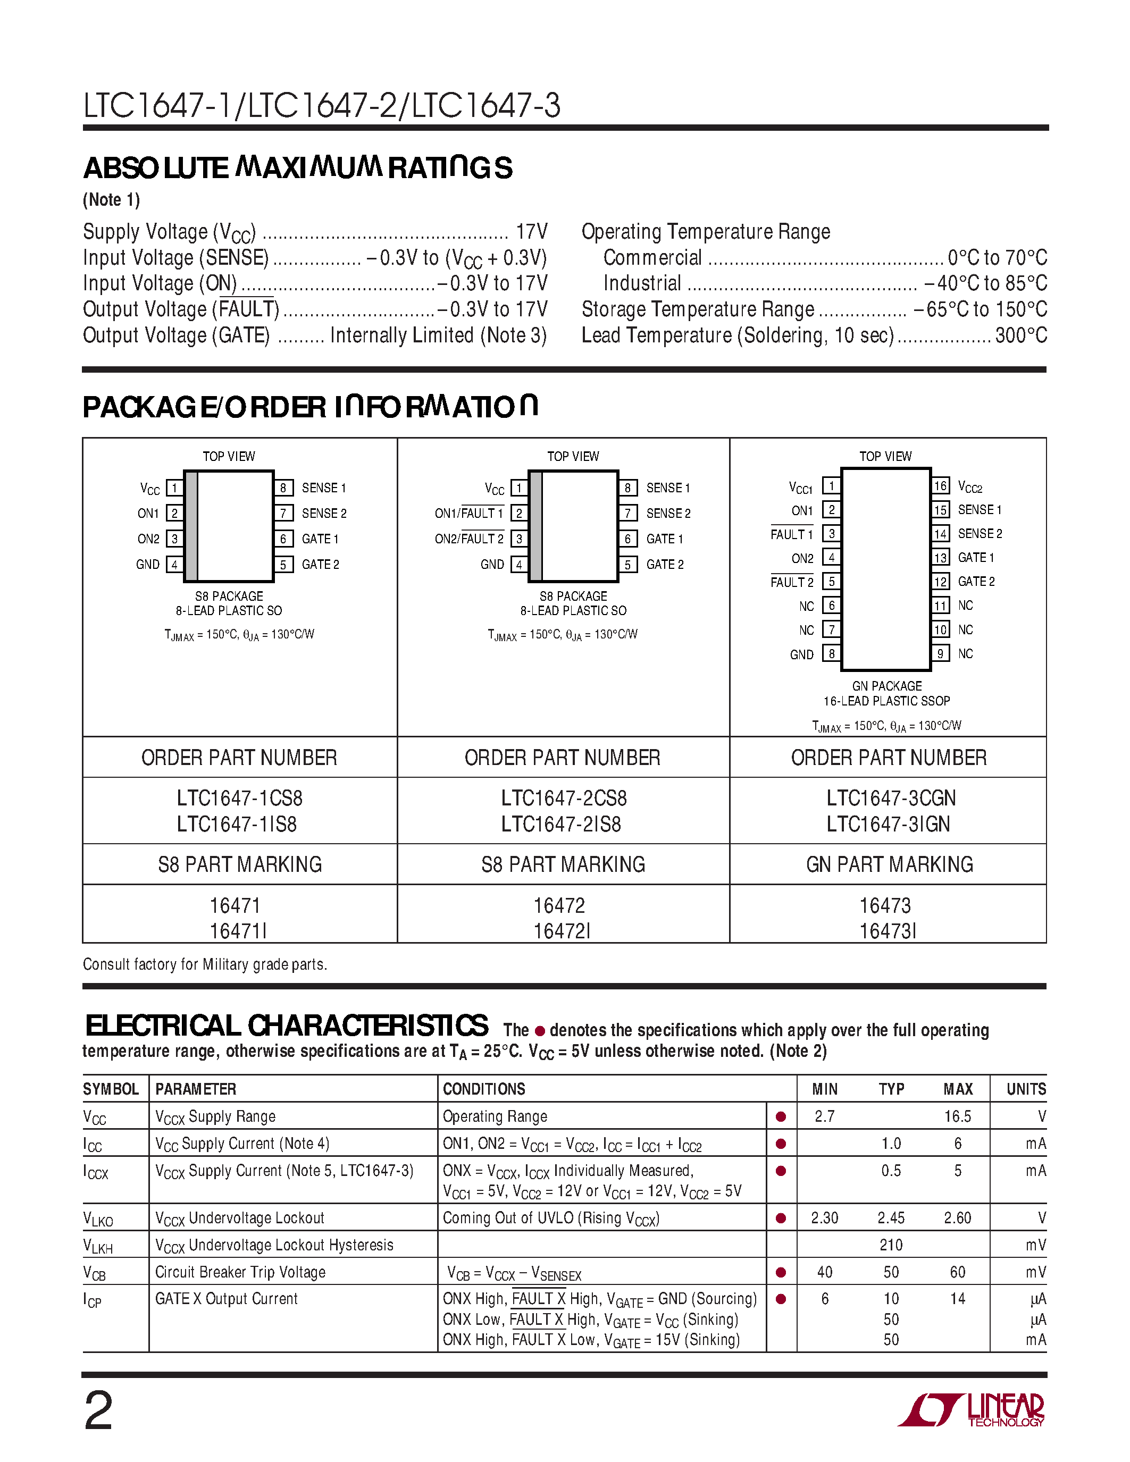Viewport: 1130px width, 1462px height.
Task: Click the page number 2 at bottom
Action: [98, 1411]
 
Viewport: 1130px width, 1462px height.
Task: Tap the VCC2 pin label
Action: [970, 488]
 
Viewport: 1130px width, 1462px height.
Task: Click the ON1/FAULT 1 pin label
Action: [468, 514]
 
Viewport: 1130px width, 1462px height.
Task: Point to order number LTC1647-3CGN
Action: [890, 798]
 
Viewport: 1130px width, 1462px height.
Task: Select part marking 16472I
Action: [562, 931]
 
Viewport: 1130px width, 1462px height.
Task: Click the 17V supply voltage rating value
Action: [532, 232]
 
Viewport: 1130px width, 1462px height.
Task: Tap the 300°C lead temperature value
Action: [1021, 335]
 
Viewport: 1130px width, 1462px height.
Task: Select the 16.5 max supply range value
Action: [957, 1116]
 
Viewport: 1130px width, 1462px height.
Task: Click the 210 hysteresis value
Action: [891, 1245]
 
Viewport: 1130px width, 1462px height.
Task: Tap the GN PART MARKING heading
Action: [889, 864]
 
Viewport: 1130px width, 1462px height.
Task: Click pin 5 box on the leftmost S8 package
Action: [283, 564]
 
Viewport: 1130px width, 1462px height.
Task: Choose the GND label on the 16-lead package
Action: [801, 654]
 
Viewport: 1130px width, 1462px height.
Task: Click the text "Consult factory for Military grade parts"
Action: [205, 964]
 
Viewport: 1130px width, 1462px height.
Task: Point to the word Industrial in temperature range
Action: [642, 283]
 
